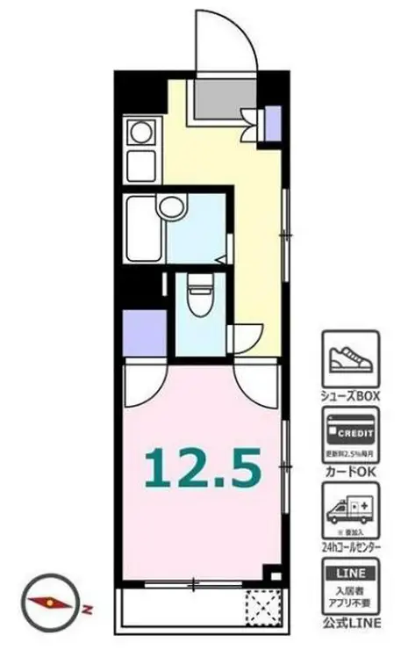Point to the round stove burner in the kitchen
[x=140, y=134]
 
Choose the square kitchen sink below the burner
[x=140, y=164]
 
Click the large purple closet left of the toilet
[x=142, y=331]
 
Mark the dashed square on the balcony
[x=261, y=606]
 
